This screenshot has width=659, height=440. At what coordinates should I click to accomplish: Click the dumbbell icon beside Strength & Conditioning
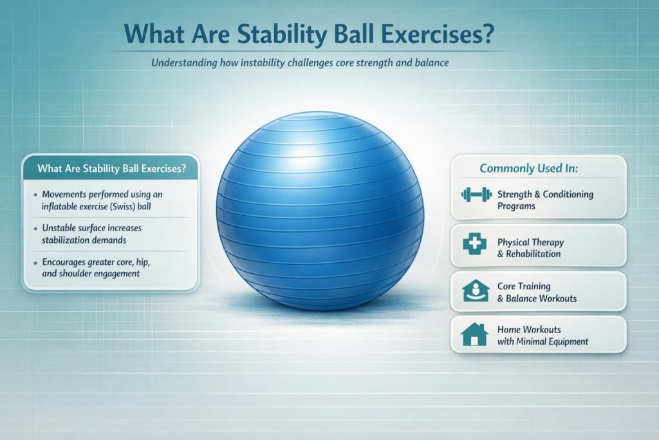tap(475, 194)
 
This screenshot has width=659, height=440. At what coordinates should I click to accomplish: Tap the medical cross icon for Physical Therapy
tap(475, 244)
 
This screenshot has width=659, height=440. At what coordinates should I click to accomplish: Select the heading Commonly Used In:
tap(528, 168)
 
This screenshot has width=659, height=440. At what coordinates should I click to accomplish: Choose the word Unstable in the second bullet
tap(58, 228)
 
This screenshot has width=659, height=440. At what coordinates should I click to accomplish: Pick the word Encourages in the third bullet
tap(66, 262)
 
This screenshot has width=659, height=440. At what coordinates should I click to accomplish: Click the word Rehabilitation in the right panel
tap(532, 254)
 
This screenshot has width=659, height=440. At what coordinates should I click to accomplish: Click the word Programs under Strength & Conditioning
tap(516, 206)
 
